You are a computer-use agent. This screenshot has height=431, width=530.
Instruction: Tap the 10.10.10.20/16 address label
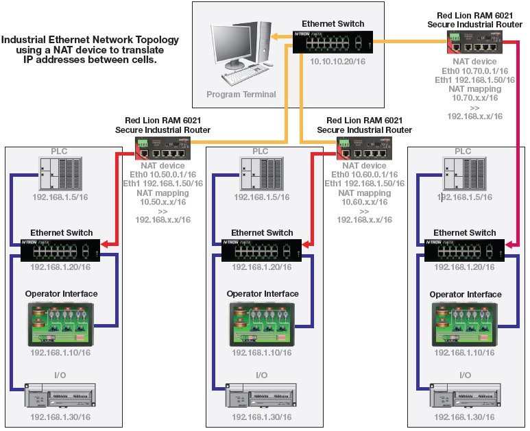[x=333, y=62]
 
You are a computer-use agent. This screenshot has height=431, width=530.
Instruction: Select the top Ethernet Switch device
[x=332, y=43]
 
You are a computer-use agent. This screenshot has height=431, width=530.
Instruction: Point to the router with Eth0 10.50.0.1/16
[x=162, y=145]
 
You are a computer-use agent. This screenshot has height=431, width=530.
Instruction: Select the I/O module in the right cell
[x=464, y=397]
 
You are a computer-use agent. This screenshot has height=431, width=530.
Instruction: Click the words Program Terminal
[x=241, y=95]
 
